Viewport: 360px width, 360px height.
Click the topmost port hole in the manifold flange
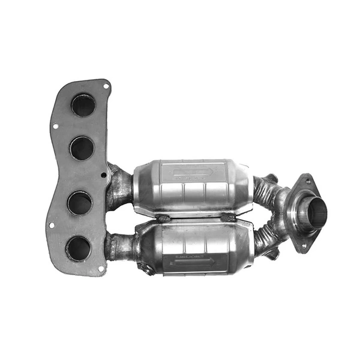click(x=83, y=106)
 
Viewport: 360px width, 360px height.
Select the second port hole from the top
click(x=82, y=148)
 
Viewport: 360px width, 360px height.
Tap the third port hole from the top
click(x=79, y=203)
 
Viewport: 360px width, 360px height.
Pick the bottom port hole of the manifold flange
click(x=79, y=248)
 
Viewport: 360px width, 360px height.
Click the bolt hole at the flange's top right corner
click(x=106, y=86)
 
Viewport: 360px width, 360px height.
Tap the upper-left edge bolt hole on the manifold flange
click(x=55, y=127)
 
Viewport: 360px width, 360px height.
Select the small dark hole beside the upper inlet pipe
click(x=104, y=175)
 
